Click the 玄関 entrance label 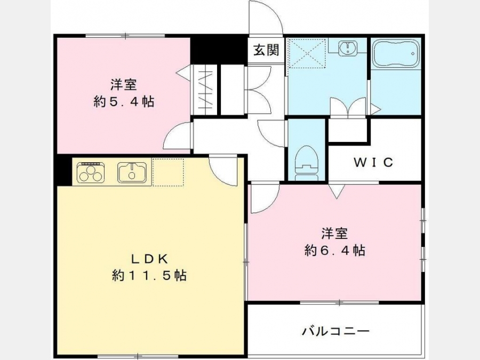(266, 50)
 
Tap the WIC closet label (373, 162)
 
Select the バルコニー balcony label (336, 331)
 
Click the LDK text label (150, 259)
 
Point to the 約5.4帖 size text (124, 101)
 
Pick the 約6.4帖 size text (334, 251)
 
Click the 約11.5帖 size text (149, 276)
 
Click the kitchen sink (132, 173)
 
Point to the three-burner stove (91, 172)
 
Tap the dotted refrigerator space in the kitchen (168, 172)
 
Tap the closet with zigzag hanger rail (204, 90)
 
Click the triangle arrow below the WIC (337, 191)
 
